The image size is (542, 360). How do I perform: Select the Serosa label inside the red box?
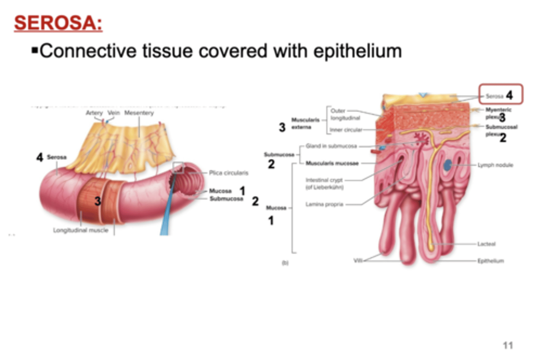tap(494, 96)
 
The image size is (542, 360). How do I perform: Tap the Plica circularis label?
tap(228, 173)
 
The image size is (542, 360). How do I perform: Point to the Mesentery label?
tap(139, 113)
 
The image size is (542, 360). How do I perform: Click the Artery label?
tap(94, 113)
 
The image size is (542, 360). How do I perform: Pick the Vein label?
tap(114, 113)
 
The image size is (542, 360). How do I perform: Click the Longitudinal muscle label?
tap(81, 230)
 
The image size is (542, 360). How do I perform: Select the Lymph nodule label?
tap(495, 165)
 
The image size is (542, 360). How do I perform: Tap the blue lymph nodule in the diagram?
tap(448, 165)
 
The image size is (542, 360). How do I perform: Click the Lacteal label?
tap(486, 244)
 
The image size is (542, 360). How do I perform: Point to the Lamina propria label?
tap(324, 204)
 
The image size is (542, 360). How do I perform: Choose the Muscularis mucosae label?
tap(332, 163)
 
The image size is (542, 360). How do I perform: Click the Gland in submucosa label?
tap(331, 146)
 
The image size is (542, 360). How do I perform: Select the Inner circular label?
tap(346, 130)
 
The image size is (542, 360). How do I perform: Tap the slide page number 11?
tap(508, 345)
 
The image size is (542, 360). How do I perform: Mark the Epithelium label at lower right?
tap(490, 261)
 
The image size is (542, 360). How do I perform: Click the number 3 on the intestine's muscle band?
tap(97, 201)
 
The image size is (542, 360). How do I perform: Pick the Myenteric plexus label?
tap(498, 113)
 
